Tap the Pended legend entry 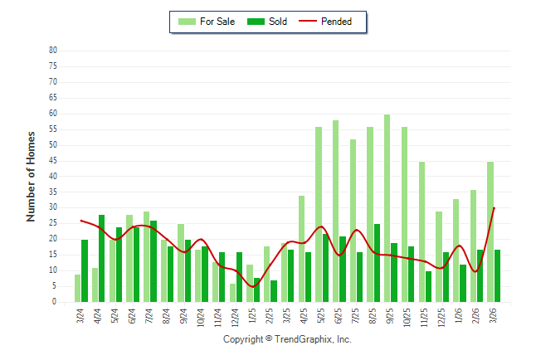coord(336,22)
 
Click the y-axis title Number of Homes coord(32,176)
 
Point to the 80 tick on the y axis coord(53,51)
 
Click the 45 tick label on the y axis coord(53,161)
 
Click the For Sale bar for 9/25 coord(387,208)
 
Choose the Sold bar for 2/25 coord(274,291)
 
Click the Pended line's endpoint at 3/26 coord(495,207)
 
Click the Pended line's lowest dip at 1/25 coord(254,286)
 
